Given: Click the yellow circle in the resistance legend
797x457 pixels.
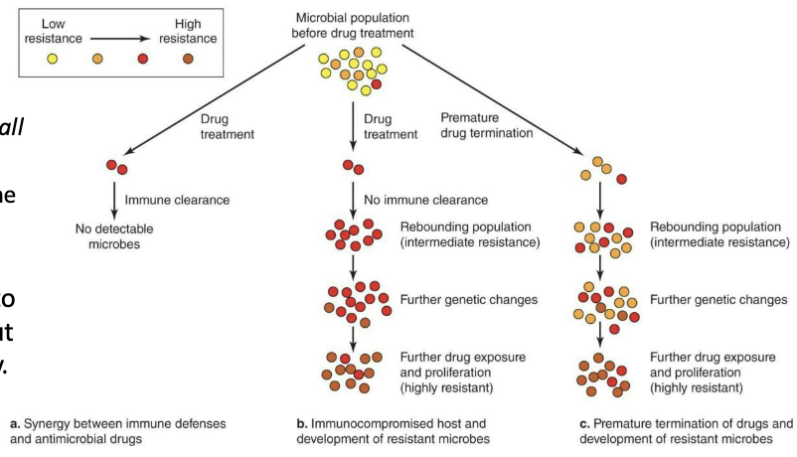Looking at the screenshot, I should (53, 60).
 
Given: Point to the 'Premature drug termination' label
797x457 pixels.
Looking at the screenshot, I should (485, 125).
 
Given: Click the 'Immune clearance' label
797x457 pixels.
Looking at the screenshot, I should (177, 200).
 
